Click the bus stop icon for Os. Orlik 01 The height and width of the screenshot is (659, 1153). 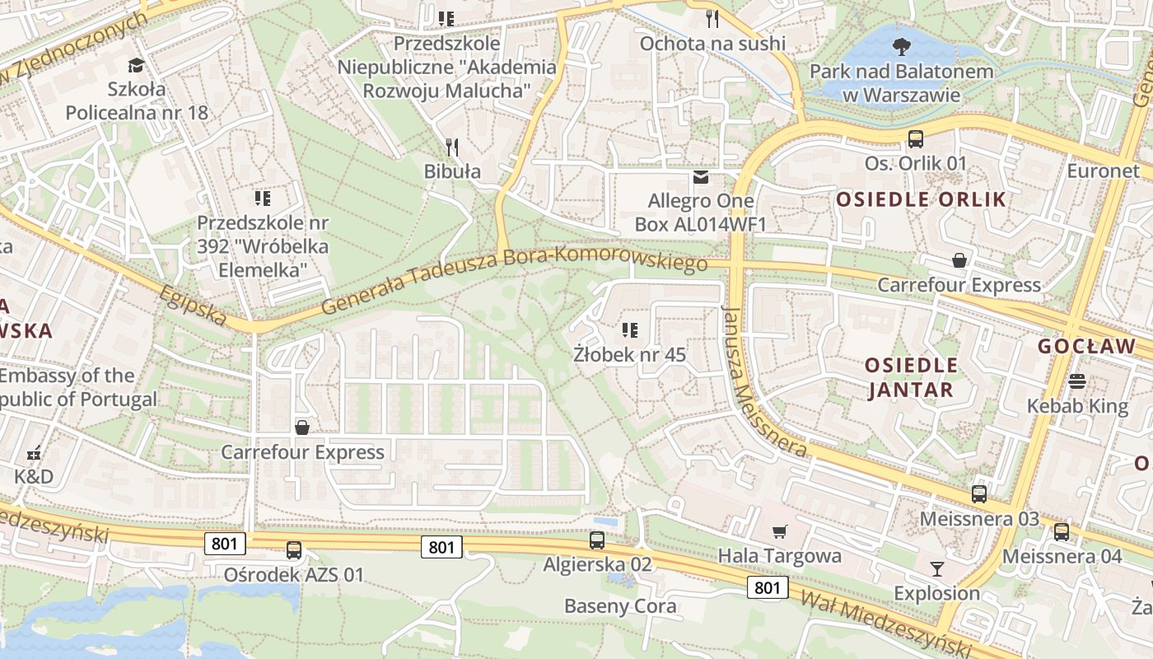click(x=915, y=138)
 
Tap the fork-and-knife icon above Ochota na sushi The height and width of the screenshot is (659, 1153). click(x=713, y=18)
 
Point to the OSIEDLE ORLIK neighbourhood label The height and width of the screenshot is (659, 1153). click(x=922, y=199)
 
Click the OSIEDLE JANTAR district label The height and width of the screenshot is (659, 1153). click(x=911, y=377)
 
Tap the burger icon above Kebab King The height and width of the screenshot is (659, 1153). click(x=1077, y=381)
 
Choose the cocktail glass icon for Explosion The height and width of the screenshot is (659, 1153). click(x=936, y=568)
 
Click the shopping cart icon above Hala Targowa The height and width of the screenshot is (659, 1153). click(x=779, y=531)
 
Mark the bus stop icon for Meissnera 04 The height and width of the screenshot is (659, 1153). click(x=1062, y=531)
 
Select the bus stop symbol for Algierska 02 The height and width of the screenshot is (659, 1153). click(x=597, y=540)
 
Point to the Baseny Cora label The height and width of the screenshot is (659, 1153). click(x=620, y=607)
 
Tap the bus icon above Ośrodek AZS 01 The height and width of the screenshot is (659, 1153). click(x=294, y=550)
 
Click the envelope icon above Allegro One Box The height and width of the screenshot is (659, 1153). click(x=701, y=177)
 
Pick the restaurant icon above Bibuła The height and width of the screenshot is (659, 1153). click(x=452, y=147)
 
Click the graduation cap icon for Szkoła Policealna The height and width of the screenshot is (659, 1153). click(x=136, y=65)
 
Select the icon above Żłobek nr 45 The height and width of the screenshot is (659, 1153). click(x=630, y=331)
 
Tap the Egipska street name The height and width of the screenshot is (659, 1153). click(x=193, y=306)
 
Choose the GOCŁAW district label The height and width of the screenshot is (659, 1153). click(x=1086, y=347)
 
